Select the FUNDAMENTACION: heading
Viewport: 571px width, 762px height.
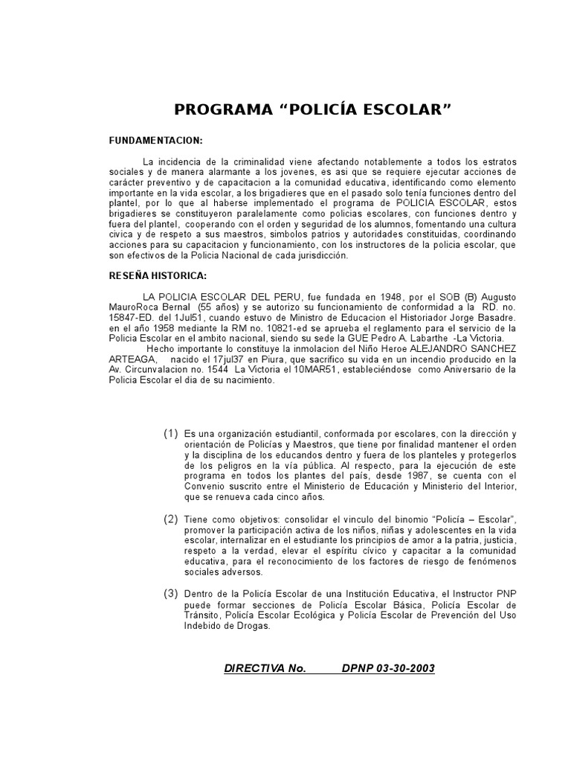155,141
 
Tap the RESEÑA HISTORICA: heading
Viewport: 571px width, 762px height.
158,276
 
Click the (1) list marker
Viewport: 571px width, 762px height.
171,434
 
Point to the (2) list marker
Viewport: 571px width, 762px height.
171,518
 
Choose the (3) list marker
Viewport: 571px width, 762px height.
171,594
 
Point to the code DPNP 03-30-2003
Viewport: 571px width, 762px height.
388,668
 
